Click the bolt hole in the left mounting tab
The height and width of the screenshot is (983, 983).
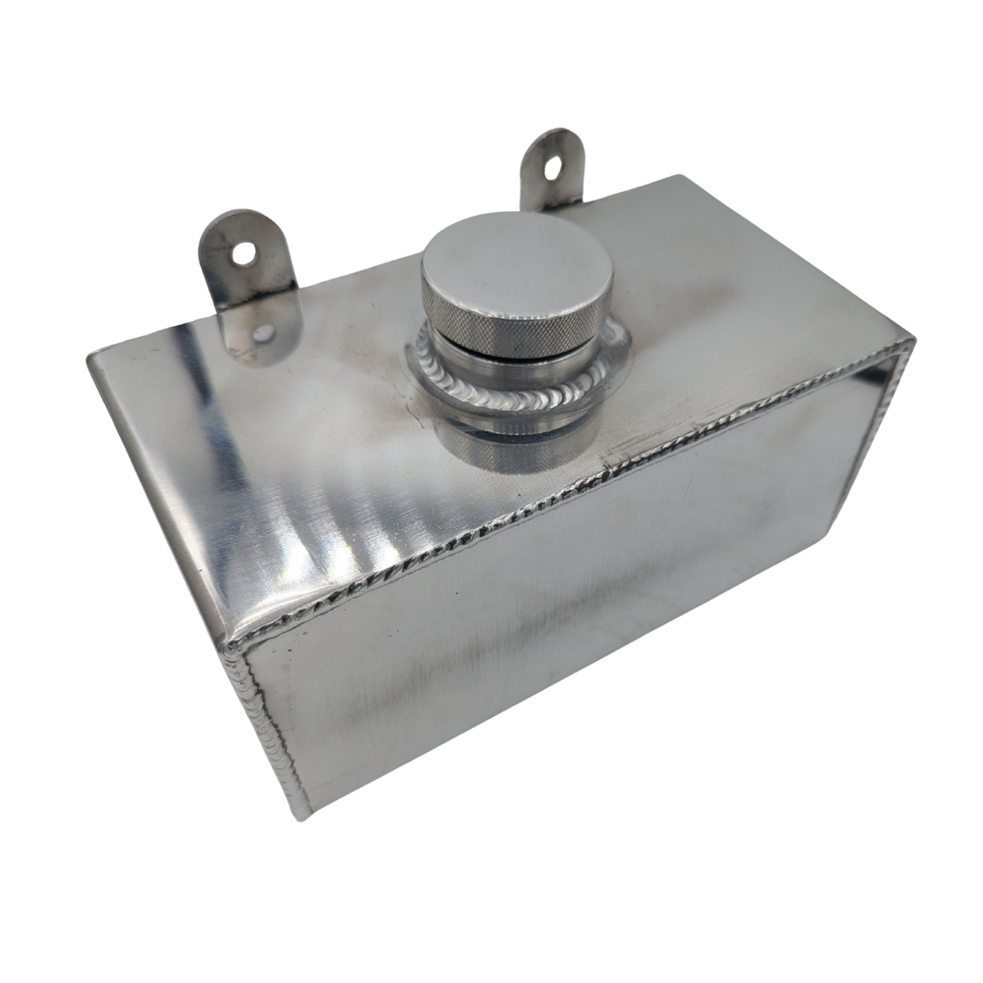tap(243, 254)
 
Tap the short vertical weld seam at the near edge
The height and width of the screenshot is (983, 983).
tap(264, 728)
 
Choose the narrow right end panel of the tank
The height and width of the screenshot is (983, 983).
tap(878, 428)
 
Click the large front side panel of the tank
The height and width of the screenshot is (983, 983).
tap(546, 637)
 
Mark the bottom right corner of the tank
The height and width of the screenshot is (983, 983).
tap(830, 528)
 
